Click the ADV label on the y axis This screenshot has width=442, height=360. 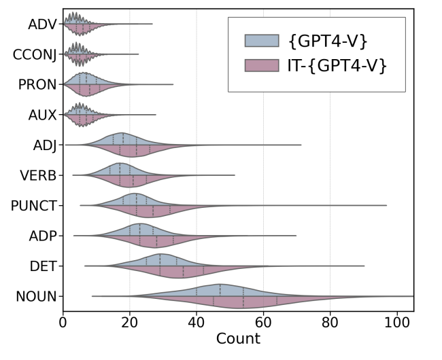coord(42,24)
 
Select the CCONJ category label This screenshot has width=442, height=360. coord(35,54)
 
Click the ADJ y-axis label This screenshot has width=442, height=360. coord(44,145)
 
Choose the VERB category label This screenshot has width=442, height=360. coord(39,175)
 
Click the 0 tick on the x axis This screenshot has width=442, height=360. coord(63,323)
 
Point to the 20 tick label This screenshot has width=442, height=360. coord(130,323)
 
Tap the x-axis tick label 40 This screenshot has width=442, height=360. coord(197,323)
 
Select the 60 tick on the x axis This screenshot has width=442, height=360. coord(263,323)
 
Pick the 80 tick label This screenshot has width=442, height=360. coord(330,323)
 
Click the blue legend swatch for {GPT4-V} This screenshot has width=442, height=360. coord(262,41)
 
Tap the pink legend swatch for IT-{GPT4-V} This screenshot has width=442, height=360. coord(262,65)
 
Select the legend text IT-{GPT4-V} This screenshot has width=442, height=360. coord(338,65)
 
